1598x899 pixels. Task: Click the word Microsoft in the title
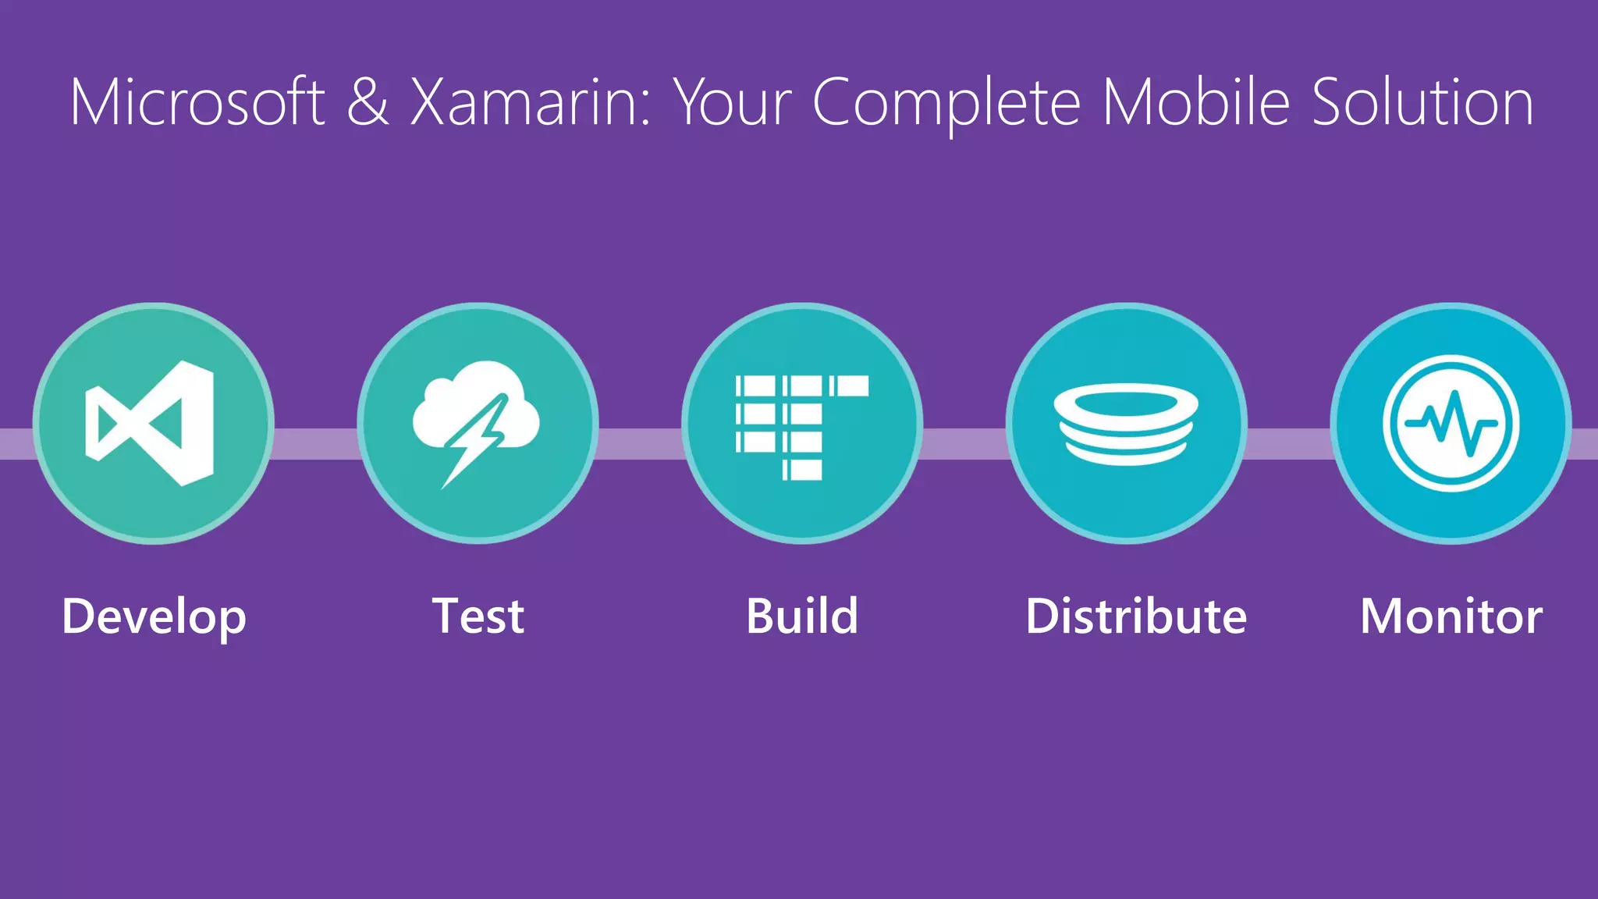197,102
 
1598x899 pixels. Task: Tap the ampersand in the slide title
368,102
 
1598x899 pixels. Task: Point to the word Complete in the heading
946,104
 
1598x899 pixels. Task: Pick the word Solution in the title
1422,102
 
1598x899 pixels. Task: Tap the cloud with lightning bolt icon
477,423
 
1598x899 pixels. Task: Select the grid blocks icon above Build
801,426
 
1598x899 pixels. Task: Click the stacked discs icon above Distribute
1125,424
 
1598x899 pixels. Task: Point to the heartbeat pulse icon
1451,423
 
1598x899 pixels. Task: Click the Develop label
154,617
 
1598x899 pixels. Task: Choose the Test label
478,616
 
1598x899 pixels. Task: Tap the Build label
801,616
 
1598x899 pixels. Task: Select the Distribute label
1135,616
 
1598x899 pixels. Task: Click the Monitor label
1451,616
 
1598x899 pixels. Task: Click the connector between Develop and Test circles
315,443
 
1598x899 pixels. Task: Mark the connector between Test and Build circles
640,443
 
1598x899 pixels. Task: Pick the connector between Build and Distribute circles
964,443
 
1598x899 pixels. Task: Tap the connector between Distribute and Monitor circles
1288,443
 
